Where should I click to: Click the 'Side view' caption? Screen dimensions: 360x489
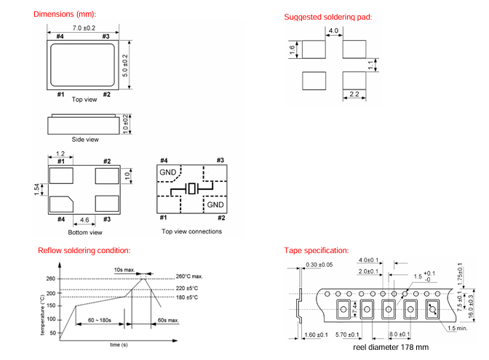(x=84, y=139)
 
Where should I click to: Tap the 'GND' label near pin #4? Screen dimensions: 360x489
(x=168, y=172)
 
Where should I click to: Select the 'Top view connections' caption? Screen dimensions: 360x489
(x=191, y=232)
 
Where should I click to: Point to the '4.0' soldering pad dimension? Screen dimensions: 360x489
(x=334, y=31)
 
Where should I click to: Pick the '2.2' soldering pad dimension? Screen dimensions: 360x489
(x=354, y=95)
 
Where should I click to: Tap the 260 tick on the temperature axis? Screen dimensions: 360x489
(x=51, y=279)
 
